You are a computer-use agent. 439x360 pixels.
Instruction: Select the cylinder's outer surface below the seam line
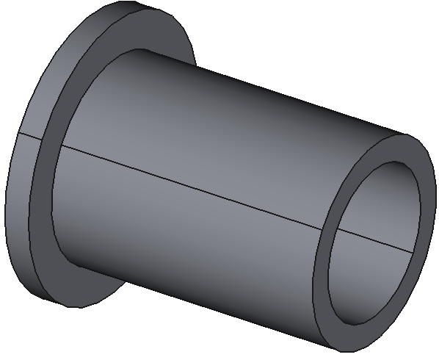[184, 242]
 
